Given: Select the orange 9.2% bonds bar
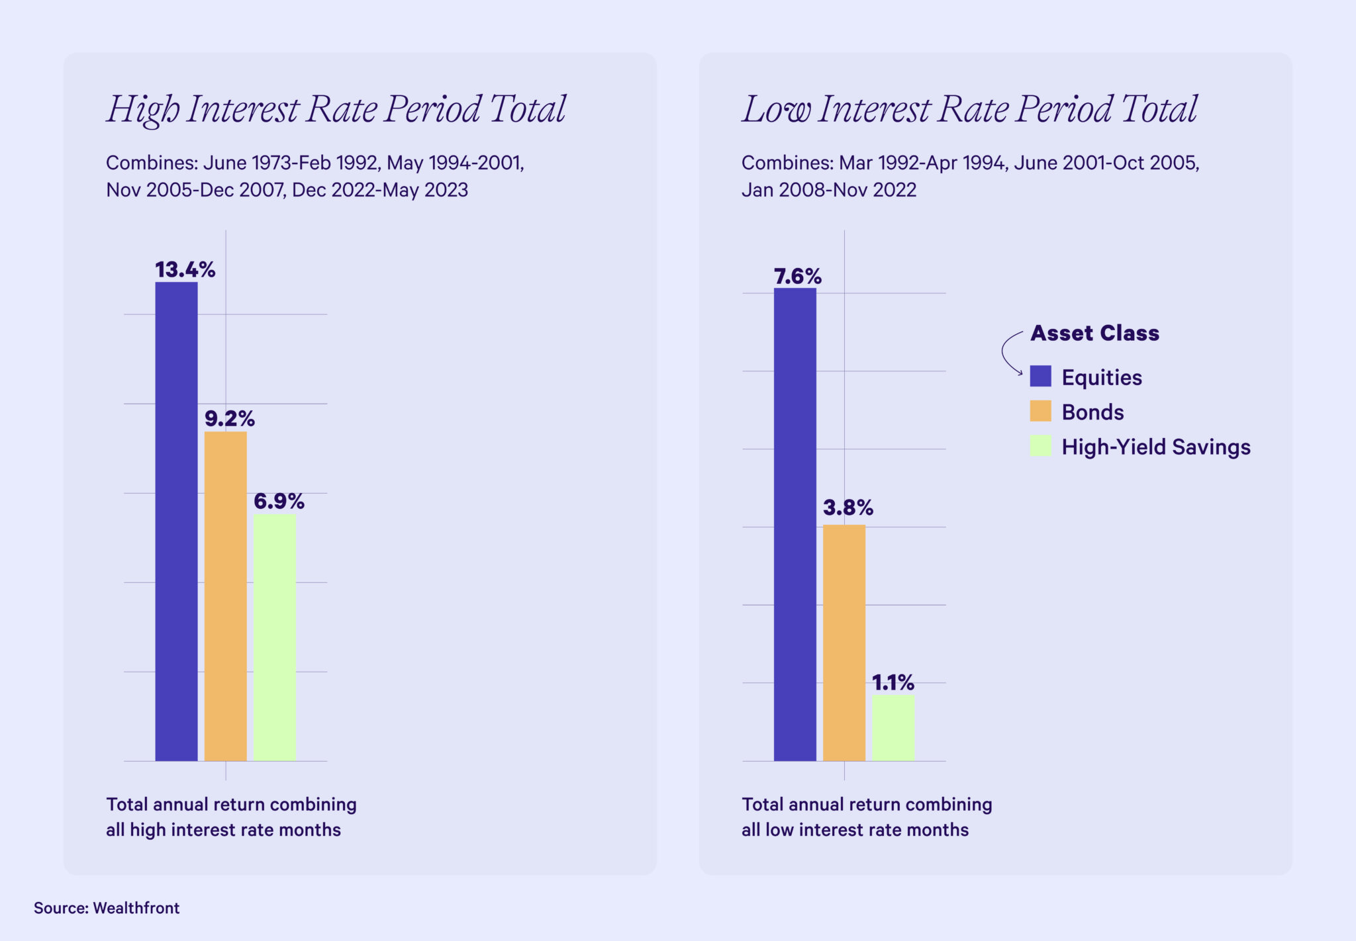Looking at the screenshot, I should pos(225,596).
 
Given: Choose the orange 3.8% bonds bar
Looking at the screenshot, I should pos(844,643).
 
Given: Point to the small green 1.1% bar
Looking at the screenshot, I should pos(893,727).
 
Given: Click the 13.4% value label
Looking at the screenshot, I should pos(185,269).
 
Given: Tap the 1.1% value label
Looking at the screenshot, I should pos(893,682).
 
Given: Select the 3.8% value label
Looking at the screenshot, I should pos(847,508).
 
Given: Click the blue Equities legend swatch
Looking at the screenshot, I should pos(1040,376).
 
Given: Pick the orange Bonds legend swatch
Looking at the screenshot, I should pos(1040,411).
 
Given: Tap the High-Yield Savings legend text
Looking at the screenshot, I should pos(1155,447).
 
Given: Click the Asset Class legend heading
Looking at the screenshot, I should pos(1094,333).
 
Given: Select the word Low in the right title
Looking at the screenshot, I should pos(776,110).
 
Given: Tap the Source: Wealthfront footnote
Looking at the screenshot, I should pos(107,908).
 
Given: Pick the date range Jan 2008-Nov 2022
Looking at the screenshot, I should pos(828,190).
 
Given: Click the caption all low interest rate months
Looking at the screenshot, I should pos(854,830).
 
